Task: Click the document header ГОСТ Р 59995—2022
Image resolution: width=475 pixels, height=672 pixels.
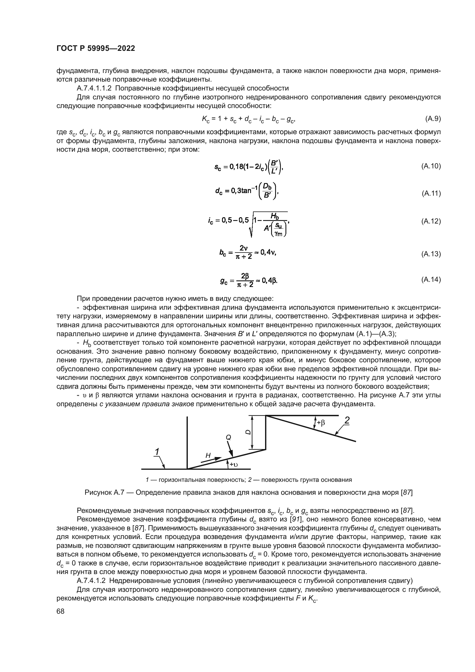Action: point(96,49)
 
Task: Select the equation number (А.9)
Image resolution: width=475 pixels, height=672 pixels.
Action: point(432,119)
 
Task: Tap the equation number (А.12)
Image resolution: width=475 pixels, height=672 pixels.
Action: point(431,221)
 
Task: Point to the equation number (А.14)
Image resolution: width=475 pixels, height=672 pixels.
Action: point(431,280)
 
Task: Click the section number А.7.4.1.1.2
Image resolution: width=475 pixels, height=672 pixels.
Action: point(96,88)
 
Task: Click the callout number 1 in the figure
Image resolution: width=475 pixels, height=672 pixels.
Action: point(157,452)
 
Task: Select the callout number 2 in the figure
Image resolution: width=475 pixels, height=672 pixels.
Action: point(347,421)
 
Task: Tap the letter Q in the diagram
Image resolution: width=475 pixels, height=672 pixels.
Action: point(228,437)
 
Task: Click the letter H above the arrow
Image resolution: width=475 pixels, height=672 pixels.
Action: point(208,455)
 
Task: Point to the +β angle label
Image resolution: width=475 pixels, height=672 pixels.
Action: point(321,423)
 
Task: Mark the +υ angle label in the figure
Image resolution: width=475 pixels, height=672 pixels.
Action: point(234,465)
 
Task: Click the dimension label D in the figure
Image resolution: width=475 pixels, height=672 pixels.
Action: point(248,432)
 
